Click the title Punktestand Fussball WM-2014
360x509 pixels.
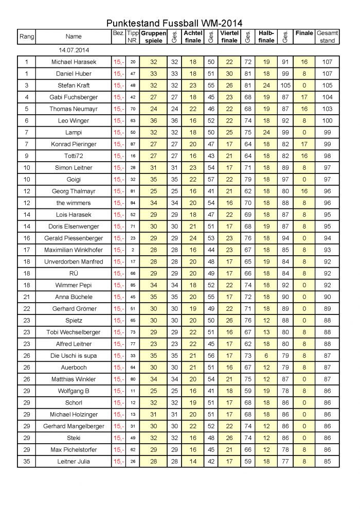click(x=174, y=23)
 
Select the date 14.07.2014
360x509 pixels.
click(x=74, y=50)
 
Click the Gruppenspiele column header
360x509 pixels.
click(x=153, y=37)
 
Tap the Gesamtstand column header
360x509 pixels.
click(x=327, y=37)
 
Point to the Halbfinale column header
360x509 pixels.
click(x=266, y=37)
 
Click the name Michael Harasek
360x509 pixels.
click(x=74, y=62)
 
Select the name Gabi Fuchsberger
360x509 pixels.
click(x=74, y=97)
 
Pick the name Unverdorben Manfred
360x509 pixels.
click(x=74, y=262)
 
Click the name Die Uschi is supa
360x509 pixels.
click(x=74, y=356)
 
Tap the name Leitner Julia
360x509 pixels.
click(x=74, y=462)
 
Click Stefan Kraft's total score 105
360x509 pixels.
click(x=327, y=85)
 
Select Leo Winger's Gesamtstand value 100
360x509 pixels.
click(x=327, y=121)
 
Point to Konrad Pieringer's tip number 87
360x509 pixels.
click(x=133, y=144)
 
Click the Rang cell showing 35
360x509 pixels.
click(x=26, y=462)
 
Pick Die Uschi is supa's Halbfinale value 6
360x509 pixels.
click(x=266, y=356)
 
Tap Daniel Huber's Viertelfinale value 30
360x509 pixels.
click(x=229, y=74)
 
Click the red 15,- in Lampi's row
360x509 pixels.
click(x=118, y=132)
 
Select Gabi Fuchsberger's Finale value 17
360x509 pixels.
click(x=304, y=97)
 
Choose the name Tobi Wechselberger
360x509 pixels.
click(x=74, y=332)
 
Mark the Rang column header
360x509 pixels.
click(x=26, y=37)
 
